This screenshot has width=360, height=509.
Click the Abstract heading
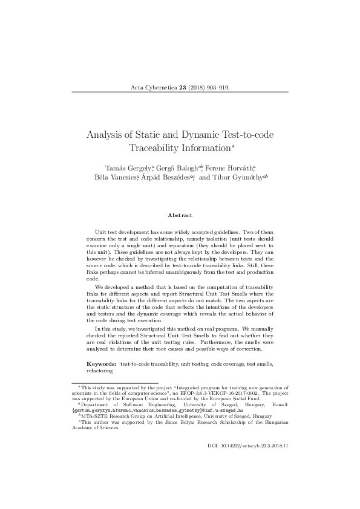coord(180,215)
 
